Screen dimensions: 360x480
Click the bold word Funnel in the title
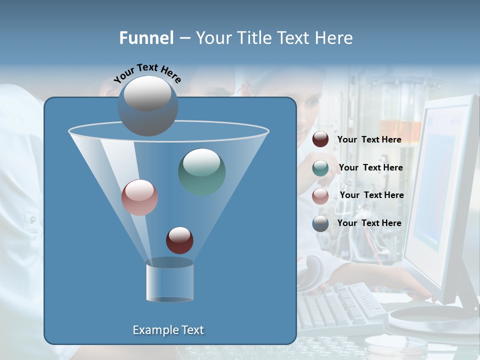(146, 37)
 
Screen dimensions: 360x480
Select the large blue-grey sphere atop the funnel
(147, 106)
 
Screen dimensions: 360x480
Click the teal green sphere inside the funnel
(201, 171)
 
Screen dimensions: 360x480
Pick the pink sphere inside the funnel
(139, 197)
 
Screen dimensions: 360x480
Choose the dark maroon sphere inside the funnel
(179, 240)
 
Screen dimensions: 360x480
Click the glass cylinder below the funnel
(169, 281)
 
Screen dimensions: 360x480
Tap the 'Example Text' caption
(168, 330)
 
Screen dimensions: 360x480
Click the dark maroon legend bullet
(320, 139)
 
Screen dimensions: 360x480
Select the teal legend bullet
(320, 167)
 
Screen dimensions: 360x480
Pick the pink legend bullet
(320, 195)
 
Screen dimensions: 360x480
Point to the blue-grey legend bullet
(320, 223)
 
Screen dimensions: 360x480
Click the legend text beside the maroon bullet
(369, 139)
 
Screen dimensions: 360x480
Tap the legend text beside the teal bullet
(370, 167)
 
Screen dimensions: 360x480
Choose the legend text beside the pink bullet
(371, 195)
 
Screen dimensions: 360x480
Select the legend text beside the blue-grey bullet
(369, 223)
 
